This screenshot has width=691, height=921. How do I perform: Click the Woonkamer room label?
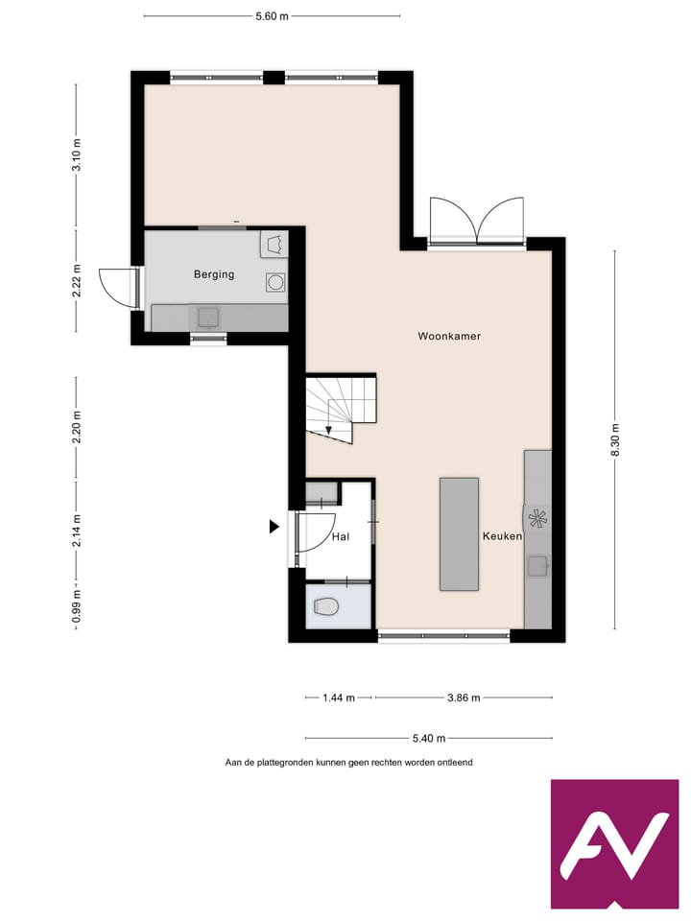449,337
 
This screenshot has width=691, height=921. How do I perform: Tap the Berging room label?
214,274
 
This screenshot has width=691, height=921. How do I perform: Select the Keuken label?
502,536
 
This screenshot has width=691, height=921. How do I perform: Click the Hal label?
340,538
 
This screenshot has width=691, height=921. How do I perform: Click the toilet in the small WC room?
325,606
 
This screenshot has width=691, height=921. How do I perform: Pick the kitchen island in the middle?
459,534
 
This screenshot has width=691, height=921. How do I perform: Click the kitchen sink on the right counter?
537,566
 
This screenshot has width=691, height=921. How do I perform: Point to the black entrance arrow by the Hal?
274,526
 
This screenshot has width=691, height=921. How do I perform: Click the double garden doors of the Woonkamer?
477,221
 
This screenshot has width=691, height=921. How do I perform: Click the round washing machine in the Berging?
274,282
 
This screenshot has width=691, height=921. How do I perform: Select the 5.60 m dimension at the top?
272,16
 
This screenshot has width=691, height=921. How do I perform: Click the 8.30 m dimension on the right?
615,440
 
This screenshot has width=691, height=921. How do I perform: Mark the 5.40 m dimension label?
429,738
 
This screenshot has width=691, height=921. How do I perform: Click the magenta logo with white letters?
614,844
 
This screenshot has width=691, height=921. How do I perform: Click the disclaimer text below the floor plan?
348,763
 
